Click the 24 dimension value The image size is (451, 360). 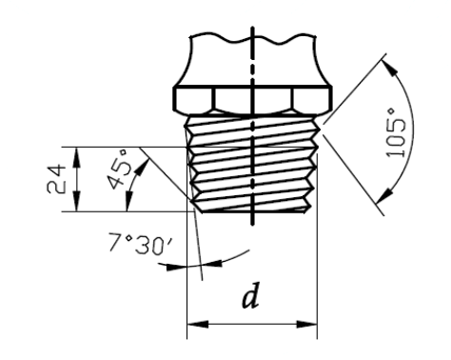[x=56, y=179]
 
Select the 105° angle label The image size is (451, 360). [x=396, y=133]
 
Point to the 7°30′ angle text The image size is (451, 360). [x=141, y=244]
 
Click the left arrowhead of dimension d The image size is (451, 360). [x=198, y=324]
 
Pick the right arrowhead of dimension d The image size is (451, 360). [x=306, y=324]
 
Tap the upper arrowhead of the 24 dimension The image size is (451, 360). [x=76, y=157]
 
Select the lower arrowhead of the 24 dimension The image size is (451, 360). [x=76, y=201]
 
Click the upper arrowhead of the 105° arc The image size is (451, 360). [x=389, y=69]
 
